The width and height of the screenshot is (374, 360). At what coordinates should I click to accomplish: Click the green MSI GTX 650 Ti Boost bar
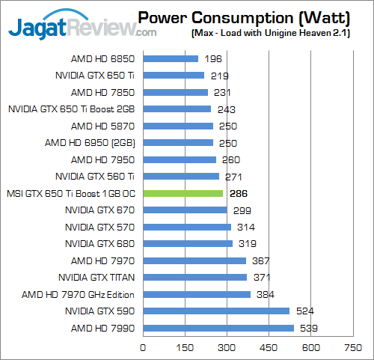pyautogui.click(x=183, y=193)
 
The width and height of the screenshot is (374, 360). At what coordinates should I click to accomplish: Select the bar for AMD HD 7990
pyautogui.click(x=218, y=328)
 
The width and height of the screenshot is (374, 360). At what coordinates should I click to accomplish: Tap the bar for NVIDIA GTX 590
pyautogui.click(x=215, y=311)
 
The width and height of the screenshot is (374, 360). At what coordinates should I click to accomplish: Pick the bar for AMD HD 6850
pyautogui.click(x=170, y=58)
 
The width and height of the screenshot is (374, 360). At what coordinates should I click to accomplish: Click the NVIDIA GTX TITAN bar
pyautogui.click(x=194, y=277)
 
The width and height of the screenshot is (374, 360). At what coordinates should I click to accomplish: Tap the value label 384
pyautogui.click(x=263, y=294)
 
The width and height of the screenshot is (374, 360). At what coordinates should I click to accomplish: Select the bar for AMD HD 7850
pyautogui.click(x=175, y=92)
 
